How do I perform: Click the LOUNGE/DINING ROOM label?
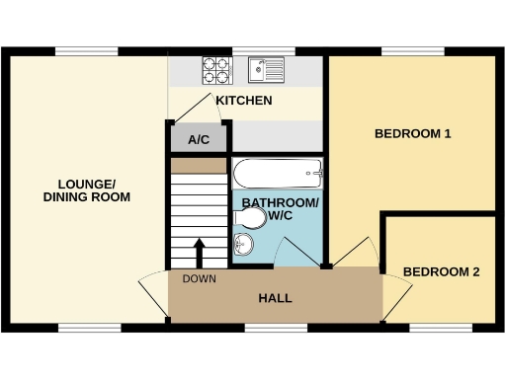pos(87,190)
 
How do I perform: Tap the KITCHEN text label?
pos(244,101)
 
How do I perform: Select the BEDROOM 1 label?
pos(412,133)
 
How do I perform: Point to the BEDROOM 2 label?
pos(442,271)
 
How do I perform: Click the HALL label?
pos(275,298)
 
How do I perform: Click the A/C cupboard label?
pos(199,139)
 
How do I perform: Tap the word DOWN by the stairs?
pos(199,278)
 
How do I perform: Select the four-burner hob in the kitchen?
pos(216,69)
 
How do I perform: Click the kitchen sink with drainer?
pos(266,69)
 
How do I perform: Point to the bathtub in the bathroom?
pos(277,176)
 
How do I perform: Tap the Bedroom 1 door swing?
pos(356,253)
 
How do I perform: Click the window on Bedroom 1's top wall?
pos(412,51)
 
